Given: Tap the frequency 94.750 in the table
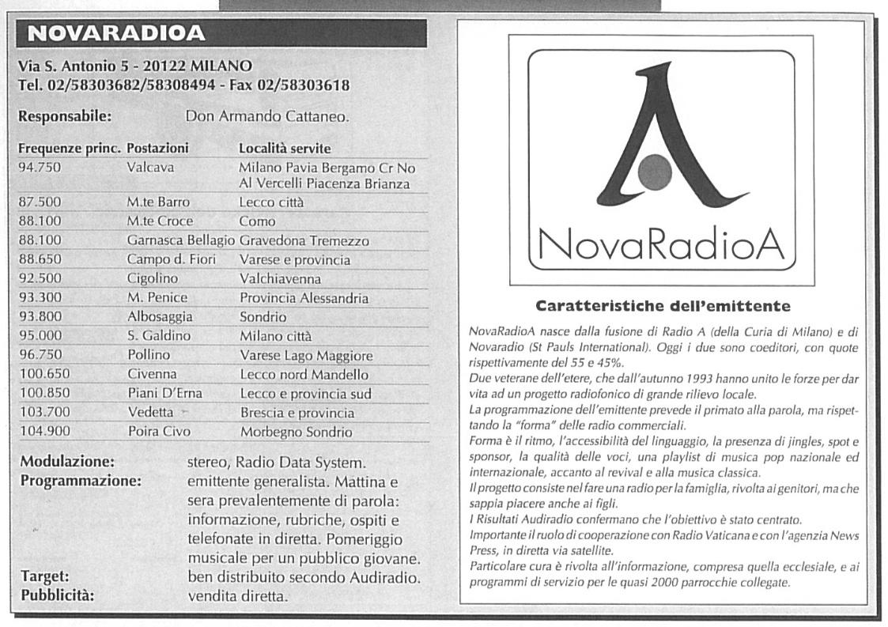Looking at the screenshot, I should point(40,168).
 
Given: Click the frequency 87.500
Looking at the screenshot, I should point(40,202).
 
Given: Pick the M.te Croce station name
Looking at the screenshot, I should point(160,221).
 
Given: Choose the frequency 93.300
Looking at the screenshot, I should point(40,298).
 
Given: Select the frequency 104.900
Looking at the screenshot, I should point(43,432).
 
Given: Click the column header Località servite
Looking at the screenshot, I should point(285,149).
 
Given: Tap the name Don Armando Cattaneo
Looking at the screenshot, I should point(267,117).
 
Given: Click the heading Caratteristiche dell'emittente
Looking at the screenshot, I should point(663,304).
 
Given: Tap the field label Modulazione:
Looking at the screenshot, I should point(66,461).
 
